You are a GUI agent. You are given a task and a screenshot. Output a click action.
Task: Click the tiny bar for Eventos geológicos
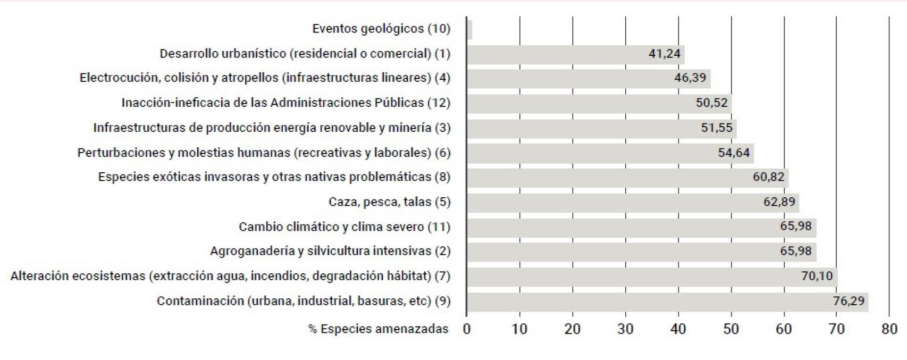click(469, 29)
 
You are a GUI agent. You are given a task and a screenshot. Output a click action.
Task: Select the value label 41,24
click(664, 54)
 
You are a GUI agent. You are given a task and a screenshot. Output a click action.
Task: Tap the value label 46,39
click(690, 78)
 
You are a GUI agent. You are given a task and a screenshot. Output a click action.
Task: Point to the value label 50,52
click(711, 103)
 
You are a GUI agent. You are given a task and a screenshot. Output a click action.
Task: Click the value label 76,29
click(849, 302)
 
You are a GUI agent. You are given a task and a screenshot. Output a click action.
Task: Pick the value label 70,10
click(817, 277)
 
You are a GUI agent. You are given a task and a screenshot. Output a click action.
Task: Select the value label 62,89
click(779, 202)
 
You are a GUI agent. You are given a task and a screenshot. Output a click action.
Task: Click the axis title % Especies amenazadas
click(378, 329)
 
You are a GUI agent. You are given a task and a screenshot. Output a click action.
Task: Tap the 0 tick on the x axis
click(467, 329)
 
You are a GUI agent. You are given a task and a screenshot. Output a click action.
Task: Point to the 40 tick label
click(678, 329)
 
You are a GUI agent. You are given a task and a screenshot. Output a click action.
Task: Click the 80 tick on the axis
click(889, 329)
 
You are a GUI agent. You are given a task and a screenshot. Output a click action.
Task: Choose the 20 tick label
click(573, 329)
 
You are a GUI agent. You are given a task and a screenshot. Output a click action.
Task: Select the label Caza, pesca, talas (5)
click(389, 202)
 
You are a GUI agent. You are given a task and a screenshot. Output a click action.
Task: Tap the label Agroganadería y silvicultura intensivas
click(330, 251)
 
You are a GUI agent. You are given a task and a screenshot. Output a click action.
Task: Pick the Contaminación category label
click(303, 301)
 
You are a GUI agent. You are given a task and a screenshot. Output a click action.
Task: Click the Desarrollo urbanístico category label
click(305, 54)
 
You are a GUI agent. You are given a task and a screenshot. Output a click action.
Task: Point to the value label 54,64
click(734, 153)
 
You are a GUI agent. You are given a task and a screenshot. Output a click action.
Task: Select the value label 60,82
click(768, 177)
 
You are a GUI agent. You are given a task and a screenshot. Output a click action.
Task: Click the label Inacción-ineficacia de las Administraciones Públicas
click(285, 103)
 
